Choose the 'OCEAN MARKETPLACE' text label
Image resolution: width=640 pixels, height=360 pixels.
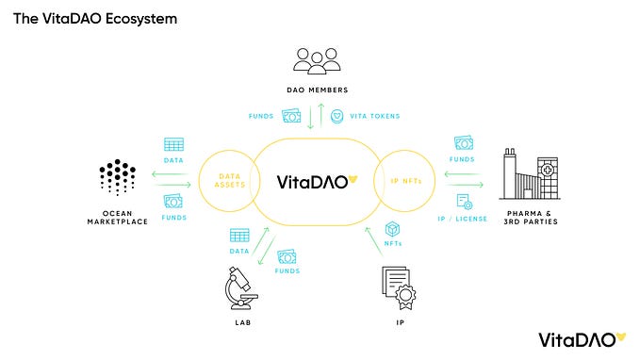point(118,217)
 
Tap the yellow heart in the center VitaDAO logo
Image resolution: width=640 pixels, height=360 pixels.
point(354,180)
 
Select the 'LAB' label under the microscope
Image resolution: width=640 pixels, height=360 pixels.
point(242,322)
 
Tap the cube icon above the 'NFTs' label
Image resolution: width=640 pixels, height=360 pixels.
point(392,229)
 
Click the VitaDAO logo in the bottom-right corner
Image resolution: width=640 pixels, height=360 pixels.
point(576,338)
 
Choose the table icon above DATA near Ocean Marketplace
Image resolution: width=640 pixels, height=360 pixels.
point(172,144)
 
